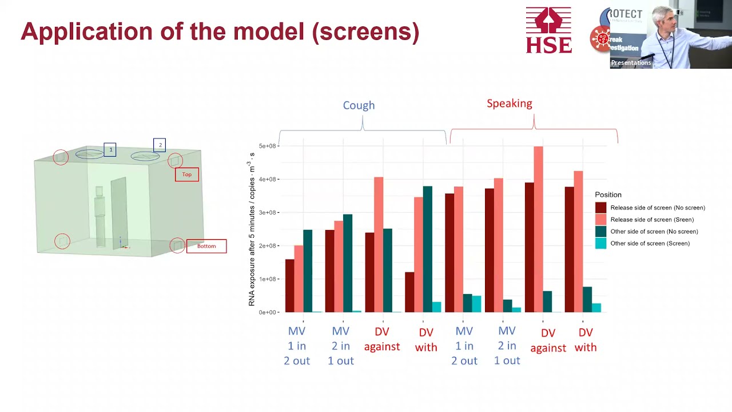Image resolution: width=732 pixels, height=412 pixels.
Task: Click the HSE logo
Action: click(x=548, y=30)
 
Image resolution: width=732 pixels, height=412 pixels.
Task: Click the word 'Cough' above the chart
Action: click(x=359, y=105)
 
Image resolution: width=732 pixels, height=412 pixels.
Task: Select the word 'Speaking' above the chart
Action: click(x=509, y=104)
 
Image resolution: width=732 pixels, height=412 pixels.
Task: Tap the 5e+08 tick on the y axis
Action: click(x=267, y=146)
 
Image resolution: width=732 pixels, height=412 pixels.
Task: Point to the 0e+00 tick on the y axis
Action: click(x=268, y=312)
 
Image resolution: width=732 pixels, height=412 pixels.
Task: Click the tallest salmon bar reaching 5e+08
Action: click(x=538, y=229)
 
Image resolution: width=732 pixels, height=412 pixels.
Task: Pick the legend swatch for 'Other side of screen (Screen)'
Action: click(x=600, y=244)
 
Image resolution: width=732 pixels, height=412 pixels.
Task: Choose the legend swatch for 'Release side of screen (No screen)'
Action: click(x=600, y=208)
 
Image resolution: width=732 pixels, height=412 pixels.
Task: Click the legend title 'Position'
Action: click(x=608, y=195)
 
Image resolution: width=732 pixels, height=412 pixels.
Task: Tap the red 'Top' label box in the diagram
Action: click(x=187, y=175)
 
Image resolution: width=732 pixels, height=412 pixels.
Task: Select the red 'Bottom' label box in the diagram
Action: click(x=206, y=246)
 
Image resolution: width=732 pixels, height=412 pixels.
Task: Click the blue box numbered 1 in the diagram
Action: click(x=110, y=150)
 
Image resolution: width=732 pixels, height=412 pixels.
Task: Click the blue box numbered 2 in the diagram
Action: click(x=160, y=145)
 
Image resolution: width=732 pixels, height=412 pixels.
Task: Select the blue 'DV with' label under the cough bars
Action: click(x=425, y=340)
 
